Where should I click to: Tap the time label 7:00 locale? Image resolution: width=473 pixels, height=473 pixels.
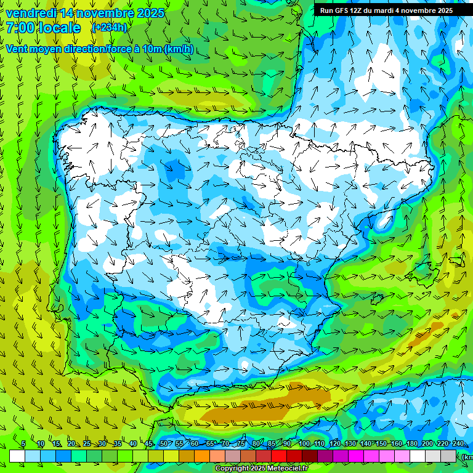coord(43,28)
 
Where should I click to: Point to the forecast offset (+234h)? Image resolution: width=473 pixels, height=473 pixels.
coord(109,27)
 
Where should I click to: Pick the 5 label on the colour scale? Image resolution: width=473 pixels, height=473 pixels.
coord(23,444)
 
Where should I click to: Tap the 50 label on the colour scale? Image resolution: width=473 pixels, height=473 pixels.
coord(164,444)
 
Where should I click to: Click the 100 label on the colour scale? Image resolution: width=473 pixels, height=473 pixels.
coord(304,444)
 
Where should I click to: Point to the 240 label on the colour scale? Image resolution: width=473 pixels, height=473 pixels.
coord(458,444)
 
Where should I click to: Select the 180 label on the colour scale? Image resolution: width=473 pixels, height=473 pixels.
coord(411,444)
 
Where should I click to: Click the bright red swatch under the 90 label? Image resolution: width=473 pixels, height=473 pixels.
coord(279,456)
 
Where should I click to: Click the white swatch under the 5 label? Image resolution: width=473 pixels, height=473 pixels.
coord(17,456)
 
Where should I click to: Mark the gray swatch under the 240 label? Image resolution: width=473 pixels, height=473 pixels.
coord(449,456)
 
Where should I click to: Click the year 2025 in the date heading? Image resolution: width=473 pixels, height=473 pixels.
coord(151,13)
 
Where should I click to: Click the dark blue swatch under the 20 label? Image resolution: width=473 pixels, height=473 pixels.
coord(63,456)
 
